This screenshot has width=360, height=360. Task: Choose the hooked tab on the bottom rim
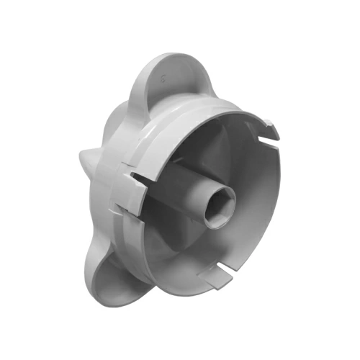click(x=216, y=277)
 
